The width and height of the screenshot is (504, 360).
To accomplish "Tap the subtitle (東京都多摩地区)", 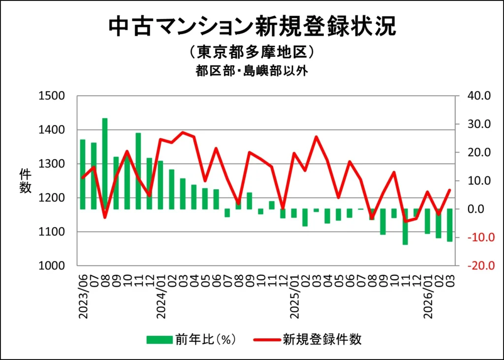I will pyautogui.click(x=252, y=52).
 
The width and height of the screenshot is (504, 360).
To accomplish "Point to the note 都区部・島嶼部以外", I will pyautogui.click(x=252, y=71).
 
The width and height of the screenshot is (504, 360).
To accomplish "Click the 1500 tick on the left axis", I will pyautogui.click(x=52, y=96).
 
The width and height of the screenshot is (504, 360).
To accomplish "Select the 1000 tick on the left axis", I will pyautogui.click(x=52, y=265).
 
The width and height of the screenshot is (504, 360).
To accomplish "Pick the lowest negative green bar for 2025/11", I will pyautogui.click(x=405, y=227).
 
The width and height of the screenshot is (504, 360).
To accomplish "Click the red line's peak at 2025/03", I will pyautogui.click(x=316, y=137).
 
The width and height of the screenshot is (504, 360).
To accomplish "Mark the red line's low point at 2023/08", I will pyautogui.click(x=105, y=217).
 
